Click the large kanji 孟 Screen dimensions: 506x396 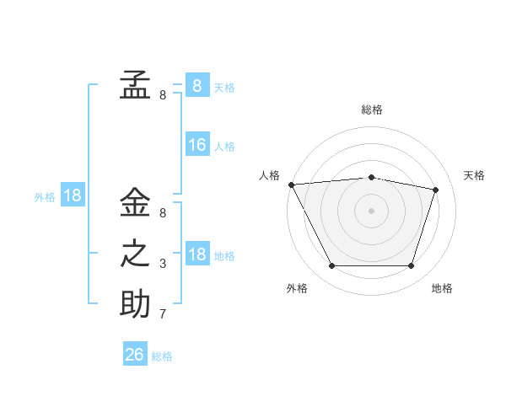pyautogui.click(x=135, y=84)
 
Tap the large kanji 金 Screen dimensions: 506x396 pyautogui.click(x=135, y=201)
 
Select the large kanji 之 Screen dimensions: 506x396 pyautogui.click(x=135, y=254)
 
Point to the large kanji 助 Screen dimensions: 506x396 pyautogui.click(x=135, y=303)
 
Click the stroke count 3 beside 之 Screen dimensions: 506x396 pyautogui.click(x=163, y=264)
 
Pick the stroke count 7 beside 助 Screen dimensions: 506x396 pyautogui.click(x=163, y=313)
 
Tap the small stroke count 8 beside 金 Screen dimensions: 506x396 pyautogui.click(x=163, y=213)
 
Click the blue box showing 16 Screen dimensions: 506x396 pyautogui.click(x=197, y=144)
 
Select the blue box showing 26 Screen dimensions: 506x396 pyautogui.click(x=135, y=353)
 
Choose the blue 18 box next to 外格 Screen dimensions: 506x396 pyautogui.click(x=73, y=194)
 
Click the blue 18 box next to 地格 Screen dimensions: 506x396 pyautogui.click(x=197, y=253)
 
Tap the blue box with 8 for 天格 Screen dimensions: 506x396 pyautogui.click(x=197, y=85)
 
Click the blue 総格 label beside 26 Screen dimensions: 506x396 pyautogui.click(x=162, y=356)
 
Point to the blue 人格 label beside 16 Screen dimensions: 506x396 pyautogui.click(x=224, y=147)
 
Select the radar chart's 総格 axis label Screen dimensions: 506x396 pyautogui.click(x=372, y=110)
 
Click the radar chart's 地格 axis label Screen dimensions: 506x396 pyautogui.click(x=442, y=288)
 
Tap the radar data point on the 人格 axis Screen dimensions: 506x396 pyautogui.click(x=292, y=185)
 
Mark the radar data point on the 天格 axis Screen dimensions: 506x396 pyautogui.click(x=435, y=190)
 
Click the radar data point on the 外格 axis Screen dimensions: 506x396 pyautogui.click(x=331, y=265)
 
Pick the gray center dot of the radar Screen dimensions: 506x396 pyautogui.click(x=371, y=211)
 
